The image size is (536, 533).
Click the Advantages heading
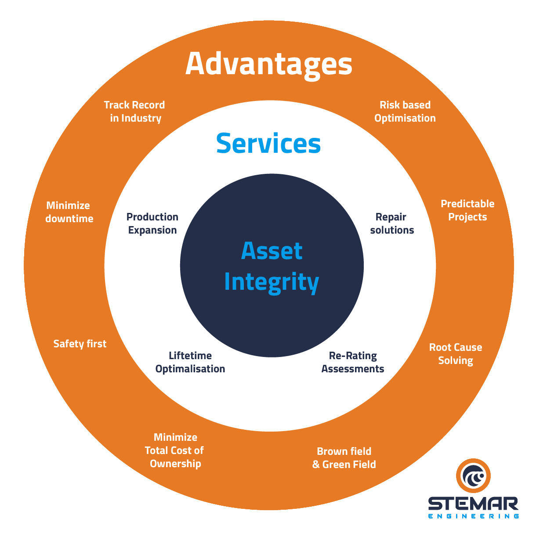[x=269, y=64]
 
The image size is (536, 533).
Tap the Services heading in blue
[x=268, y=143]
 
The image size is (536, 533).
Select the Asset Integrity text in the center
[x=272, y=266]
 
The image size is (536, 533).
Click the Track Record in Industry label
[x=135, y=112]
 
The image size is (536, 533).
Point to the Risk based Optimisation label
[x=405, y=112]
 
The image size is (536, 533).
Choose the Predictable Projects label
[x=467, y=210]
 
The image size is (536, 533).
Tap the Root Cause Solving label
[x=456, y=354]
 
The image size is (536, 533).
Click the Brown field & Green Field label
[x=344, y=458]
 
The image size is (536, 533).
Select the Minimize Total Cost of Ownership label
[x=175, y=450]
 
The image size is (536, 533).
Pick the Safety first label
[x=80, y=344]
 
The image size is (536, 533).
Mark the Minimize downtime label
[x=69, y=212]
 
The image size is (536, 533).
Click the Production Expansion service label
[x=152, y=223]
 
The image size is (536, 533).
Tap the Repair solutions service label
[x=392, y=223]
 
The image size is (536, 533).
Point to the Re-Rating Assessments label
[x=353, y=362]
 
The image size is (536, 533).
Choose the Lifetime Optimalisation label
[x=190, y=362]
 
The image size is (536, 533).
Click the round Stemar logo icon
[x=473, y=476]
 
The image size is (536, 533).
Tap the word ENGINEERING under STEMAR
[x=473, y=516]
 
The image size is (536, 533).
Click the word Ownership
[x=175, y=464]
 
